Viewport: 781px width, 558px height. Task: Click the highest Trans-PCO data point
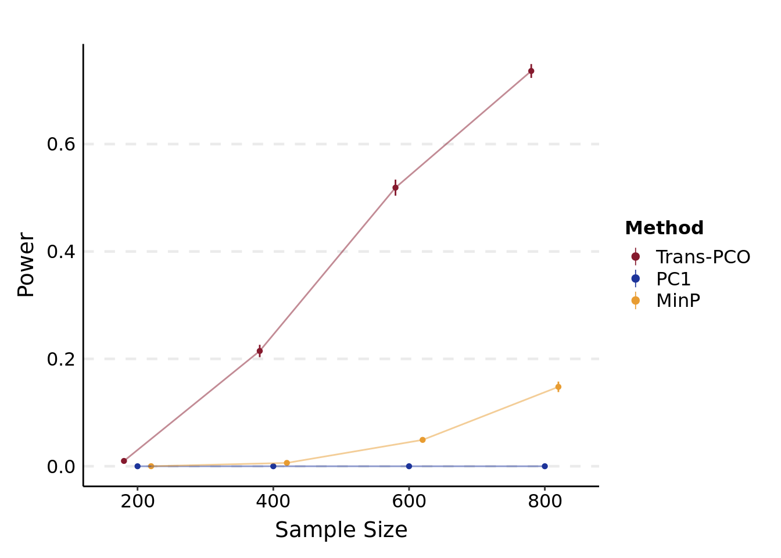(531, 71)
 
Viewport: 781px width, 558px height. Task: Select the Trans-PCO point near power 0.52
(395, 188)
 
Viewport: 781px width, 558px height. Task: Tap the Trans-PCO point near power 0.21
(260, 351)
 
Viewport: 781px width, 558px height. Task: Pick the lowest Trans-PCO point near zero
(124, 461)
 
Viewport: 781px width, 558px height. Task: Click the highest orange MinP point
(558, 387)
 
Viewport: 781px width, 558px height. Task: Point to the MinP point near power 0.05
(422, 440)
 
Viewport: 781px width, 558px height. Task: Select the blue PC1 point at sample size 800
(544, 466)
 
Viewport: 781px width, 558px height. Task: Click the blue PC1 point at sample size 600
(409, 466)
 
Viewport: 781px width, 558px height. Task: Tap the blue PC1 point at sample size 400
(273, 466)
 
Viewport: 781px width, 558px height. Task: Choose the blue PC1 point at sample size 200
(138, 466)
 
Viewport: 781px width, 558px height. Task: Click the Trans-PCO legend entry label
(703, 257)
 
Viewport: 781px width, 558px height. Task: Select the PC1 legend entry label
(673, 279)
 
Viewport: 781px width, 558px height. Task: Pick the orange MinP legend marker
(636, 301)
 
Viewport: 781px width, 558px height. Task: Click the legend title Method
(664, 228)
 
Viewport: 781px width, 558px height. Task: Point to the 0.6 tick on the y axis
(61, 144)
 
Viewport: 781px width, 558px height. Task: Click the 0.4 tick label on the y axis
(61, 252)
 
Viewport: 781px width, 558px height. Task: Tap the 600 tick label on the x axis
(409, 501)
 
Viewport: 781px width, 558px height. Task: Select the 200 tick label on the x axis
(138, 501)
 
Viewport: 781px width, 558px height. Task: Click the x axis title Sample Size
(341, 530)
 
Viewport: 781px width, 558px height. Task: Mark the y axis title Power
(26, 264)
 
